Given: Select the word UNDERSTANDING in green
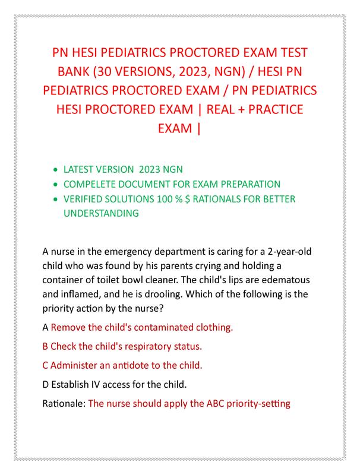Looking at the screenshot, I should pyautogui.click(x=102, y=213).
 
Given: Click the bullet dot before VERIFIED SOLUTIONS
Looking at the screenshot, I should pyautogui.click(x=56, y=199).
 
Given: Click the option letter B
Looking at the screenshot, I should pyautogui.click(x=46, y=346).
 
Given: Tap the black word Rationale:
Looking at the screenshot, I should pyautogui.click(x=64, y=404).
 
